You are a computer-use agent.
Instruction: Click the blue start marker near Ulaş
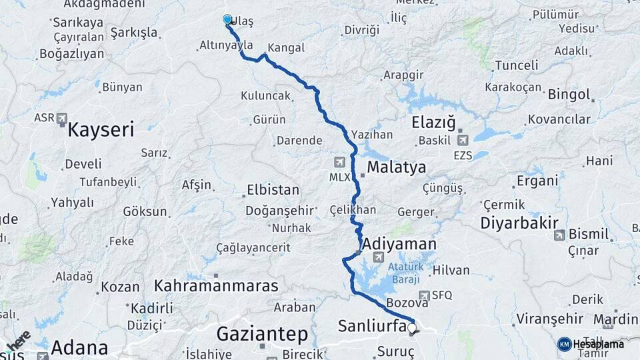[x=227, y=20]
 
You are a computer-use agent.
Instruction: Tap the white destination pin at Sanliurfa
[x=411, y=328]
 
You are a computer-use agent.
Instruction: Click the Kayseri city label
[x=100, y=129]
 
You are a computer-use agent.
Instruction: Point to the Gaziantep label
[x=262, y=333]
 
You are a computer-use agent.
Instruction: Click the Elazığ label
[x=433, y=123]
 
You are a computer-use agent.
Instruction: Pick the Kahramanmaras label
[x=216, y=287]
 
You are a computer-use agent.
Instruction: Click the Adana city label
[x=79, y=347]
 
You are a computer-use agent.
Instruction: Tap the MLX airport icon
[x=340, y=162]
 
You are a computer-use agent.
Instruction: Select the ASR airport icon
[x=62, y=118]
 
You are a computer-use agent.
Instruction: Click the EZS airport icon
[x=463, y=140]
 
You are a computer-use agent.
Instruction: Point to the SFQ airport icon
[x=424, y=295]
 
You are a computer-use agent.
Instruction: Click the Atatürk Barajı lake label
[x=406, y=273]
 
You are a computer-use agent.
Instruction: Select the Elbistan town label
[x=273, y=190]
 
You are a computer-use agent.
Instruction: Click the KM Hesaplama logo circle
[x=564, y=344]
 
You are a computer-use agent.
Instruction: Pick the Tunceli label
[x=517, y=65]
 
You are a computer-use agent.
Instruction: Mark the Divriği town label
[x=361, y=30]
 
